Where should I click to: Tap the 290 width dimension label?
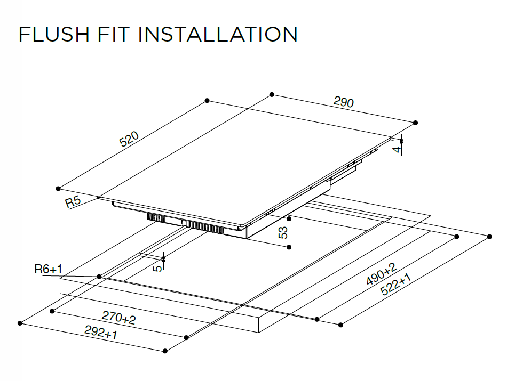(x=344, y=102)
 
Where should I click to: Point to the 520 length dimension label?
(x=129, y=140)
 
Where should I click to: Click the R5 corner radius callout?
(x=74, y=202)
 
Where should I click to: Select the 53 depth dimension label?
(x=283, y=232)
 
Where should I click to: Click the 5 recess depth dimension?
(x=157, y=266)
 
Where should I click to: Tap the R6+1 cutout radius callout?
(x=49, y=270)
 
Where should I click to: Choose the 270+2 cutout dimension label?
(x=118, y=318)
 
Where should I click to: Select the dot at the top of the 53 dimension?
(x=289, y=218)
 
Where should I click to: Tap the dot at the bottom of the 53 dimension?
(x=289, y=247)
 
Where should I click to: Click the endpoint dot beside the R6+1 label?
(x=99, y=277)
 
